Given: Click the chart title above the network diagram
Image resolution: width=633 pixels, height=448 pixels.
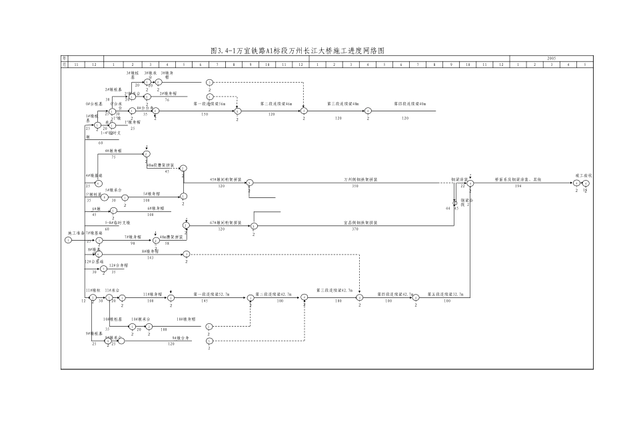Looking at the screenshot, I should coord(297,51).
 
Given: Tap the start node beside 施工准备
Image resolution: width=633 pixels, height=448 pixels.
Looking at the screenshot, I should coord(68,240).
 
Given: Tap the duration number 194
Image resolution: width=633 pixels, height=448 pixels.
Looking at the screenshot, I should coord(518,187).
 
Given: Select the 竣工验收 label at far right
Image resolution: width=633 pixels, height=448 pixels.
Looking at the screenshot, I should coord(584,175).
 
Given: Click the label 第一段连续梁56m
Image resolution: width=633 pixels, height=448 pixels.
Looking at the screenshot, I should coord(209,104).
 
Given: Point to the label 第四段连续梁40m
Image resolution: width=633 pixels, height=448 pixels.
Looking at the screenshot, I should coord(409,104).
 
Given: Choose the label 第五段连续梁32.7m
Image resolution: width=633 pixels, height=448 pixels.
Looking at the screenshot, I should coord(446,293).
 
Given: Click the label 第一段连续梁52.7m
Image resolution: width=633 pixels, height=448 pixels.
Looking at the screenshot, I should coord(211,293).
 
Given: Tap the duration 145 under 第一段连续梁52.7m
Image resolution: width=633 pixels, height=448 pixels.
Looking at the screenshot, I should coord(204,301).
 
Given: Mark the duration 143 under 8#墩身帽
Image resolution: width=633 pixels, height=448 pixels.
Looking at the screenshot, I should coord(150,257).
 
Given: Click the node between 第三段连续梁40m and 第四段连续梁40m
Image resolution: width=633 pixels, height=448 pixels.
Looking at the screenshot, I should coord(368,111).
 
